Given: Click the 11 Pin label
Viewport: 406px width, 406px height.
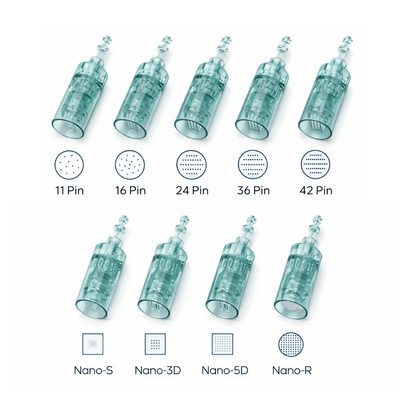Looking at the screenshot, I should [69, 190].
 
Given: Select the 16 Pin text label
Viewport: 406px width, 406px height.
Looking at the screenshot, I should [130, 190].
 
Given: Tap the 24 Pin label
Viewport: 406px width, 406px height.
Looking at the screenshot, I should [192, 190].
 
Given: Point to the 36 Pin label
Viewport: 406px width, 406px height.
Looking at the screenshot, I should [253, 190].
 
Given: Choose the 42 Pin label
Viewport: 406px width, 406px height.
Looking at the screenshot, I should [315, 190].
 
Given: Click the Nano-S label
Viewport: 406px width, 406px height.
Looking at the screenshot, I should [93, 370].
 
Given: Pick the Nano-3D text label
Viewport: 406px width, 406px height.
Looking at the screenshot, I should [158, 370].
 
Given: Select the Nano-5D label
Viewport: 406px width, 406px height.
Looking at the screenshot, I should [225, 370].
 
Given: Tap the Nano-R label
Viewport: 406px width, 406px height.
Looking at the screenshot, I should [292, 370].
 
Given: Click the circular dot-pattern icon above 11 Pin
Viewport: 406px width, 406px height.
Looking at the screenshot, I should [69, 164].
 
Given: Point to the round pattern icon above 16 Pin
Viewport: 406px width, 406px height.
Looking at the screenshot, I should [130, 164].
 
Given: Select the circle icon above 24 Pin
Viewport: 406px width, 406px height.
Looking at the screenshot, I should [191, 164].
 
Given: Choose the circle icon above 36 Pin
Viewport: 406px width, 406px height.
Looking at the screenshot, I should [253, 164].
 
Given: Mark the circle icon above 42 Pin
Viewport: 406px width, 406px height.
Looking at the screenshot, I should [315, 164].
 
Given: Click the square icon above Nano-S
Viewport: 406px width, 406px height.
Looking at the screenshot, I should [93, 344].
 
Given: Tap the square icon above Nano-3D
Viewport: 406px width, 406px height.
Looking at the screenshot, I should [155, 344].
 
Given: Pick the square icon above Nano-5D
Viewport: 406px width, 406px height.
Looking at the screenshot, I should [222, 344].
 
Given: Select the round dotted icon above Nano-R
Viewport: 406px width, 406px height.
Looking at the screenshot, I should [291, 344].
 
